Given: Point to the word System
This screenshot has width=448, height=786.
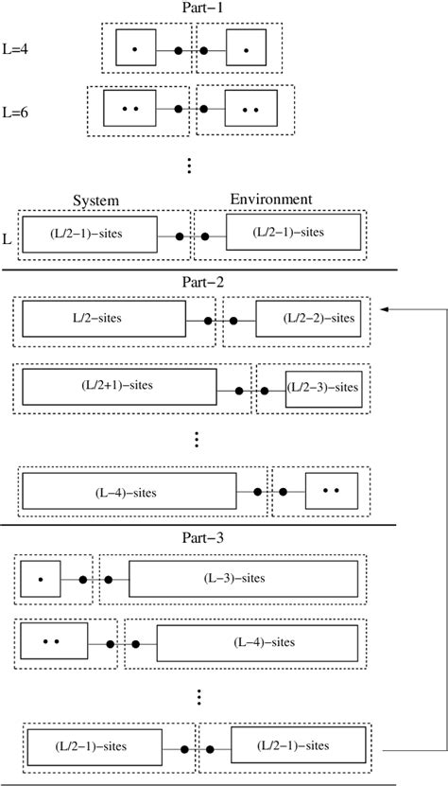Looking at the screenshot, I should point(96,200).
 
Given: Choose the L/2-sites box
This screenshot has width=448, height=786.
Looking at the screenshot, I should point(104,320).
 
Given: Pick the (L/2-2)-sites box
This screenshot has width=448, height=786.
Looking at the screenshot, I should point(307,320).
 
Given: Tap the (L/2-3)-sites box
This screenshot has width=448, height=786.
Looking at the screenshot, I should point(323,388).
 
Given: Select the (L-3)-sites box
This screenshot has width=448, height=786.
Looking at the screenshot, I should point(243,578).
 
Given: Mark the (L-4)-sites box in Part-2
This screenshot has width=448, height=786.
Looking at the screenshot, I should point(129,492).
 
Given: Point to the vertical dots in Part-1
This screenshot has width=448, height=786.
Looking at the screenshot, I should point(189,166).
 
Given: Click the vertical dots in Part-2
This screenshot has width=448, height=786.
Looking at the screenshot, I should point(196,440).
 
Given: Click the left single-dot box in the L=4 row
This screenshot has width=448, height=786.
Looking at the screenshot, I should point(134,48).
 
